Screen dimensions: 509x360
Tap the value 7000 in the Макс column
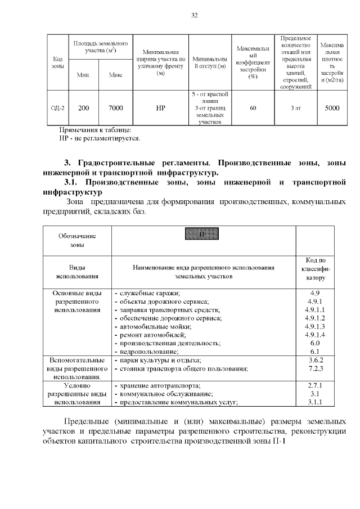[115, 107]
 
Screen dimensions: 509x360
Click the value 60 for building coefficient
[253, 107]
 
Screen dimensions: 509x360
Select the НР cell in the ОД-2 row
[160, 107]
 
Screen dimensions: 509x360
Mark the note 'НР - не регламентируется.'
[100, 138]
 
